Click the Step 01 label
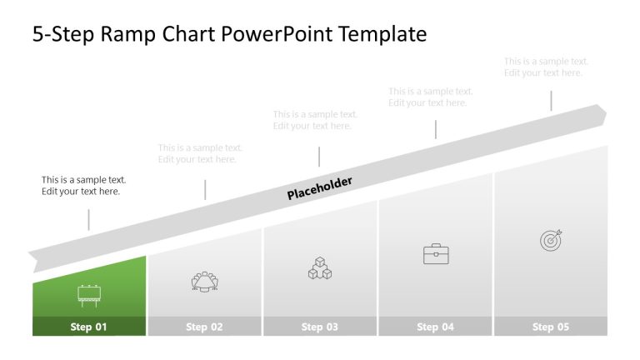coord(88,327)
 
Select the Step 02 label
coord(204,327)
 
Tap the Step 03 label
coord(320,327)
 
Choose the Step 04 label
coord(435,327)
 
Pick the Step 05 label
coord(551,327)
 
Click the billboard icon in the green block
coord(88,293)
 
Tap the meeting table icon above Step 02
coord(204,282)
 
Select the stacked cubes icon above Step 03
coord(320,268)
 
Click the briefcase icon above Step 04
coord(436,254)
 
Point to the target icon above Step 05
coord(551,240)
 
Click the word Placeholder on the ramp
coord(320,188)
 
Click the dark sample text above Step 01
coord(83,185)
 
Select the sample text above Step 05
coord(546,67)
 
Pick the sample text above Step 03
coord(315,120)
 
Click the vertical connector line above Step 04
coord(435,129)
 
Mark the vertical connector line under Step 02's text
coord(205,189)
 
